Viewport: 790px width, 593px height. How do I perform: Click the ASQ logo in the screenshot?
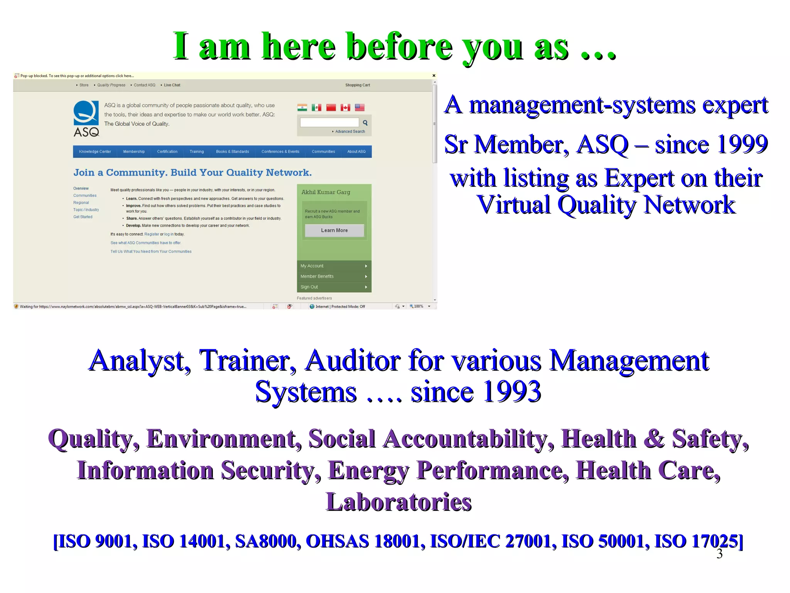coord(86,119)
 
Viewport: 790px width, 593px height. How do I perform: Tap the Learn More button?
coord(334,230)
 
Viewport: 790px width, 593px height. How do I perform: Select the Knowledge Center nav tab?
coord(95,152)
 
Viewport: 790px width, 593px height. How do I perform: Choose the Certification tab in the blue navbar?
coord(167,152)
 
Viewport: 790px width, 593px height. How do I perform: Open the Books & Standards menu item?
coord(232,152)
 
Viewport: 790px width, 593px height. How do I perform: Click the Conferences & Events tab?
coord(280,152)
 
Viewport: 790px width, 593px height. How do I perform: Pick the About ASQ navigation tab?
coord(356,152)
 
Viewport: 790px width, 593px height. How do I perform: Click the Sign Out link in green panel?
coord(309,287)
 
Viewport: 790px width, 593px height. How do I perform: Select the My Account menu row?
coord(312,266)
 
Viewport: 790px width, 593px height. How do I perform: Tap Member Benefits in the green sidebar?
coord(317,276)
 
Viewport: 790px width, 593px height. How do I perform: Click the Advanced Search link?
coord(350,132)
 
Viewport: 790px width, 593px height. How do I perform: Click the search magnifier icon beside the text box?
coord(365,123)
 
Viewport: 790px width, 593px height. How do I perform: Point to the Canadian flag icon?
coord(345,108)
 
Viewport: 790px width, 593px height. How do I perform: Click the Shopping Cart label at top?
coord(357,85)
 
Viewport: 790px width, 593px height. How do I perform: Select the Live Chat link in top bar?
coord(172,85)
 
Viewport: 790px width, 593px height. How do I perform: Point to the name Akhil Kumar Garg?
coord(326,192)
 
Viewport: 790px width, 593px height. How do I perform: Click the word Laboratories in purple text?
coord(399,502)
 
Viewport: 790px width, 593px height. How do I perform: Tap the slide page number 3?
coord(719,554)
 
